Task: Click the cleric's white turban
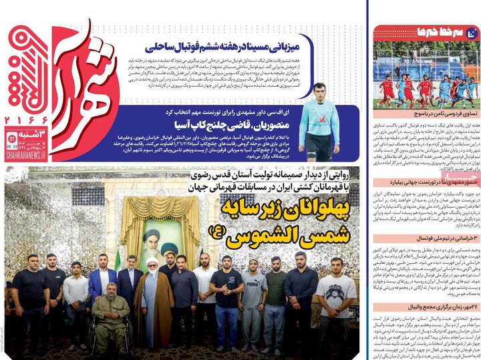point(153,261)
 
